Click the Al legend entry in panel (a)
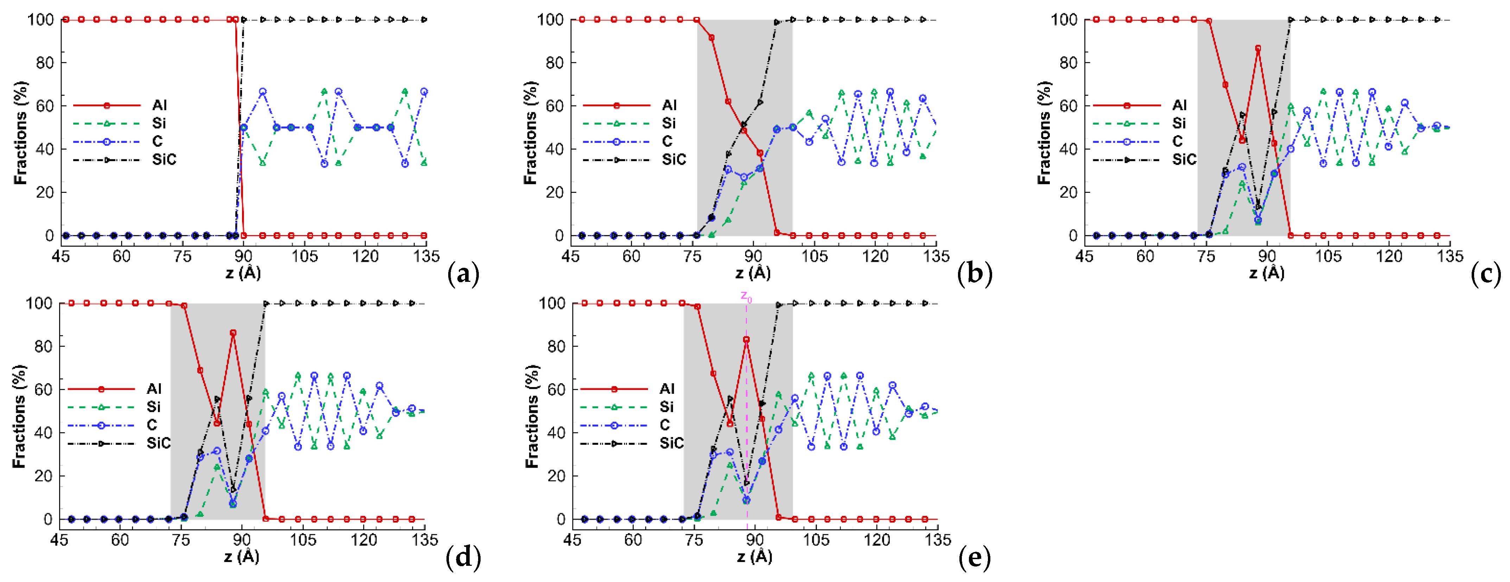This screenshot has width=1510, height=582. tap(159, 106)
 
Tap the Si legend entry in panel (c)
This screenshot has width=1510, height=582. tap(1179, 124)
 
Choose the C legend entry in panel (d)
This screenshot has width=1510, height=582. tap(152, 425)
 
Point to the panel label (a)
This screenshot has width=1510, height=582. tap(463, 274)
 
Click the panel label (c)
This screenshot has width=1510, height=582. tap(1486, 274)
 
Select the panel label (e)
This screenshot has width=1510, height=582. tap(974, 557)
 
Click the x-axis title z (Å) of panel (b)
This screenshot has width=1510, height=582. tap(753, 273)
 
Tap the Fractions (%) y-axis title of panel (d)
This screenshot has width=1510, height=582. tap(19, 416)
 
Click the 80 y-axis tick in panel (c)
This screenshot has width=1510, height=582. tap(1068, 63)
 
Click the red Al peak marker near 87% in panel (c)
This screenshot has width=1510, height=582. tap(1258, 49)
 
